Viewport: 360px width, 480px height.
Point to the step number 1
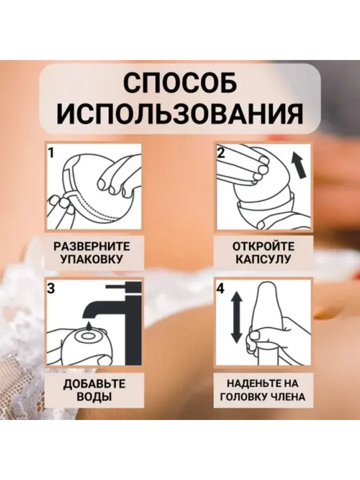click(x=51, y=153)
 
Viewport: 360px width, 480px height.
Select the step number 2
click(x=221, y=153)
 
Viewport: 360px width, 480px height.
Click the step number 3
click(x=51, y=288)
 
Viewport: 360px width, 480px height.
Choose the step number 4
click(x=220, y=289)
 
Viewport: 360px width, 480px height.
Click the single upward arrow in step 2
click(x=299, y=165)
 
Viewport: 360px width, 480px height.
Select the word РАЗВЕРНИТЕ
click(x=92, y=247)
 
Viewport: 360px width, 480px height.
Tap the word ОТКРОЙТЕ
click(x=263, y=247)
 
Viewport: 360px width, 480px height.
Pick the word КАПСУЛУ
click(x=263, y=260)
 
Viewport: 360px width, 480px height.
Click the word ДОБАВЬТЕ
click(x=94, y=384)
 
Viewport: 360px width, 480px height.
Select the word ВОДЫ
click(x=94, y=397)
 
